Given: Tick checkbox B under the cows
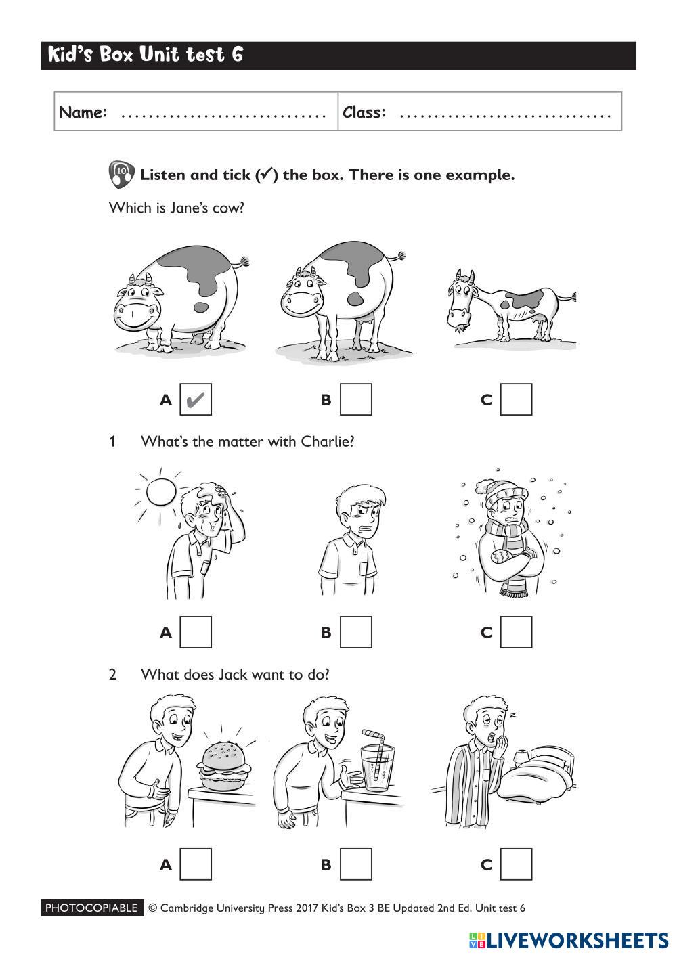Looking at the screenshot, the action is [x=355, y=399].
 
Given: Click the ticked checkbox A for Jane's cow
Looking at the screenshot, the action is [x=196, y=399].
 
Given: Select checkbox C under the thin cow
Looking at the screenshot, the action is [x=516, y=399].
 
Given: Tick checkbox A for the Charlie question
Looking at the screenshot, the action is [x=196, y=631].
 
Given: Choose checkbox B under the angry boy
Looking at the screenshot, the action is [x=355, y=631].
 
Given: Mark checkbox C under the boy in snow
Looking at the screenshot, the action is [x=516, y=631].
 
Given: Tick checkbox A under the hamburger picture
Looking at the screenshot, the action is [x=196, y=864].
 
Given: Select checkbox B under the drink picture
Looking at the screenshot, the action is [x=355, y=864].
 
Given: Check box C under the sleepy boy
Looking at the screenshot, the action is [x=516, y=864].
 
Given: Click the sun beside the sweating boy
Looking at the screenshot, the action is [x=160, y=492].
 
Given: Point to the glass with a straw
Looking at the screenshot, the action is [x=377, y=761].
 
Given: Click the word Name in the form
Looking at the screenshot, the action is [x=83, y=112].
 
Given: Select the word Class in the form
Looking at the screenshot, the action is [x=364, y=112].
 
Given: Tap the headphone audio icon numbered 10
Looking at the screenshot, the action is [x=121, y=175].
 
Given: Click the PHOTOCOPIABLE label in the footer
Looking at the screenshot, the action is [x=92, y=908].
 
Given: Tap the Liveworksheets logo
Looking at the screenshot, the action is [x=569, y=940].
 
